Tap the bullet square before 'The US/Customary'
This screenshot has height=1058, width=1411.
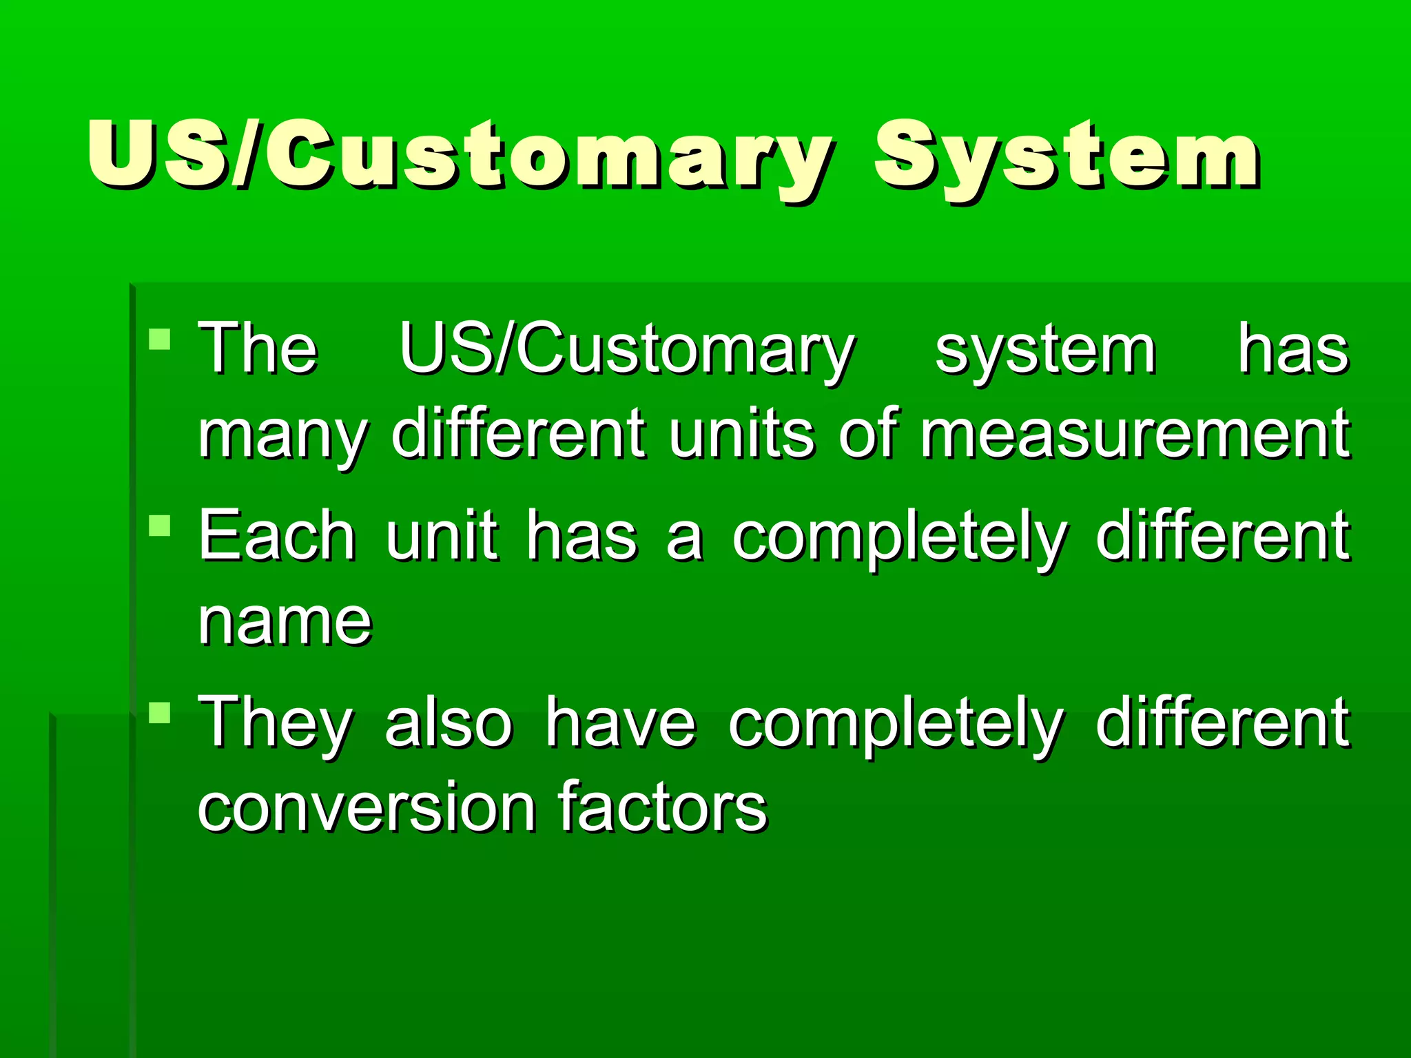coord(159,340)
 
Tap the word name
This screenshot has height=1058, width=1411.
coord(285,622)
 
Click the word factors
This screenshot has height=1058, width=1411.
coord(662,806)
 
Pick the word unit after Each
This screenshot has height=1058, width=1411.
coord(442,536)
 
